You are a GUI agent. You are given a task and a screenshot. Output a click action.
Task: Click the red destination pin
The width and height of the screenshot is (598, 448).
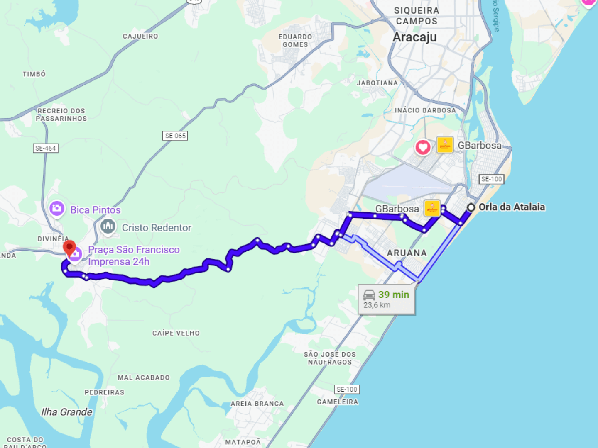coord(69,248)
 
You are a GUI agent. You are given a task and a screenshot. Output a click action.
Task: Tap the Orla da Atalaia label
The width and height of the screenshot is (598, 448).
coord(512,207)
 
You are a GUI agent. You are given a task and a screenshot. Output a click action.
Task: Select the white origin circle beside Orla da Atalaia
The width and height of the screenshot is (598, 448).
coord(471,207)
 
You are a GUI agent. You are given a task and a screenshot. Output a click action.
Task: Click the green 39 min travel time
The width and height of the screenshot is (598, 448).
coord(394,295)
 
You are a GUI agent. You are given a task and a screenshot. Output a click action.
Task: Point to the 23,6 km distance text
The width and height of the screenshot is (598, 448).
coord(377,305)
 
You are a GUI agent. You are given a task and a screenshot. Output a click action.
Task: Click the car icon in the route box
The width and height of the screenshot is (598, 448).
coord(369,295)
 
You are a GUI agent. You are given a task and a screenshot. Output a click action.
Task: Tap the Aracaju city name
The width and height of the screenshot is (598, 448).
coord(414,37)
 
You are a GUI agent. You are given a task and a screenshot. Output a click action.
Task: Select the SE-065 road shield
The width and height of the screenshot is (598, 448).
coord(175,136)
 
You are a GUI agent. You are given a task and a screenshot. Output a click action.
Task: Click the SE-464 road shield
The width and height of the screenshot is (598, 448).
coord(46,148)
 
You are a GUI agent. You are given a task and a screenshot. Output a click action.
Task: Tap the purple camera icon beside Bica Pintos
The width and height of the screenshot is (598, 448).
coord(57,208)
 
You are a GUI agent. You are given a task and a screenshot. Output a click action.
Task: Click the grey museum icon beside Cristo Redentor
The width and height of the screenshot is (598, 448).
coord(108,226)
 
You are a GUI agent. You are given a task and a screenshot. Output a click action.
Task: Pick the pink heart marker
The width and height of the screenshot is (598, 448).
coord(423,147)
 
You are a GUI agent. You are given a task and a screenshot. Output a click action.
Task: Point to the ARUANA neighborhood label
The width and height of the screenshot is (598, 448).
coord(407,253)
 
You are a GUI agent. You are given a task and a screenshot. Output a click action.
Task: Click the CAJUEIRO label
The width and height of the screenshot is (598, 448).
coord(140,37)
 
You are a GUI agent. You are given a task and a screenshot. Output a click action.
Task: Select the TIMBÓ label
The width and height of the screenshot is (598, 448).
coord(34,74)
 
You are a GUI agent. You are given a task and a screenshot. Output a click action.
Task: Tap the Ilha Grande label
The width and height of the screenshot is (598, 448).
coord(66,412)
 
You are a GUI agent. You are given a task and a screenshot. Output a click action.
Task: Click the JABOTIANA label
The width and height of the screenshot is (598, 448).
coord(377,83)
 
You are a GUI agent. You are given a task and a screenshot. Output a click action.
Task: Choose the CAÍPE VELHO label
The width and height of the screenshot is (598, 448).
coord(176,333)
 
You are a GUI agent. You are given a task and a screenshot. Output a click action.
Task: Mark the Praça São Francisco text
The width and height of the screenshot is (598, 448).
coord(134,250)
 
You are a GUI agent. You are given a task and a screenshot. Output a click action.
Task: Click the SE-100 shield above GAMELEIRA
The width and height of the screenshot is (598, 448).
coord(347,390)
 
